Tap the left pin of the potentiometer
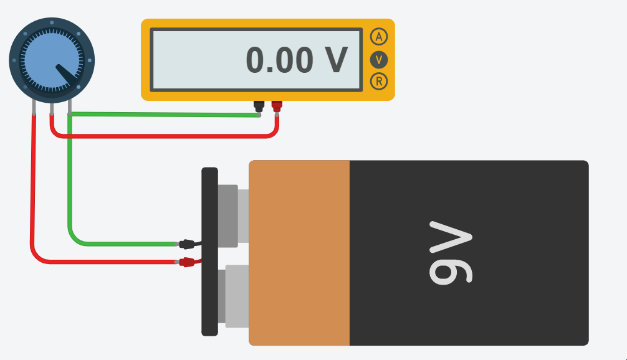click(x=33, y=108)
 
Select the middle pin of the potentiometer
click(x=51, y=108)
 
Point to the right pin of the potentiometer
click(x=69, y=108)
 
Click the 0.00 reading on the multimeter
click(x=279, y=60)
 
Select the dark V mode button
click(x=378, y=60)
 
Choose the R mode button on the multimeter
click(x=378, y=81)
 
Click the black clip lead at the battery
click(x=188, y=244)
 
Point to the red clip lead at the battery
click(x=188, y=262)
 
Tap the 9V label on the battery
click(x=451, y=252)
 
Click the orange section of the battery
click(x=299, y=252)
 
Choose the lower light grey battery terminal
click(x=237, y=295)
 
